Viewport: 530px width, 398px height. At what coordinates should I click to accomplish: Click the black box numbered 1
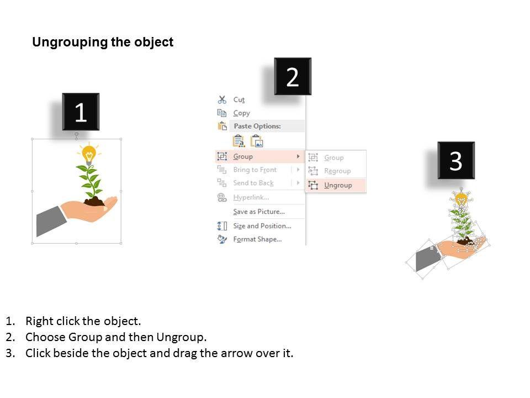[81, 112]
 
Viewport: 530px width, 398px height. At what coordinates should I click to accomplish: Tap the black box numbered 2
[293, 76]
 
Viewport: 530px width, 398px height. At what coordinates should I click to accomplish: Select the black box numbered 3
[456, 160]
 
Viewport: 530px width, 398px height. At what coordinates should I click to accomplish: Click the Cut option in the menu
[239, 100]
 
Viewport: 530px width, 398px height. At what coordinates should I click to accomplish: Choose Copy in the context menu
[242, 113]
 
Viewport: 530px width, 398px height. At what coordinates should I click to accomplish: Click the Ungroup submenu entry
[338, 186]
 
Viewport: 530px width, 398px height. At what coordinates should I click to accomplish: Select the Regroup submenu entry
[337, 171]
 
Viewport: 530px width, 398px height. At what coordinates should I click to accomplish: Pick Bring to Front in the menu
[255, 170]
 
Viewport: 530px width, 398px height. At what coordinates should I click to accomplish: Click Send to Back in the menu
[253, 183]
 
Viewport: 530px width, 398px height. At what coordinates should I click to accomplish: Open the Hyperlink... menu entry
[251, 197]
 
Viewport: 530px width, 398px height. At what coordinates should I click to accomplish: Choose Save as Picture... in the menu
[259, 212]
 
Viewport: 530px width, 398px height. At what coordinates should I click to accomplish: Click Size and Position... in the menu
[262, 226]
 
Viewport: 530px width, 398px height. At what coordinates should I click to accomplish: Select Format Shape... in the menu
[257, 239]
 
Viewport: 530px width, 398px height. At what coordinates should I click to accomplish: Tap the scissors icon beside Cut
[222, 99]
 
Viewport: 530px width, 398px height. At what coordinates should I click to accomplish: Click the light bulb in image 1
[89, 154]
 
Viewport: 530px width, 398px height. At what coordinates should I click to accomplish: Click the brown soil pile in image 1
[94, 202]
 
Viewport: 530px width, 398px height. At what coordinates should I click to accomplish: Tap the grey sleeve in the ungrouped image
[427, 258]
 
